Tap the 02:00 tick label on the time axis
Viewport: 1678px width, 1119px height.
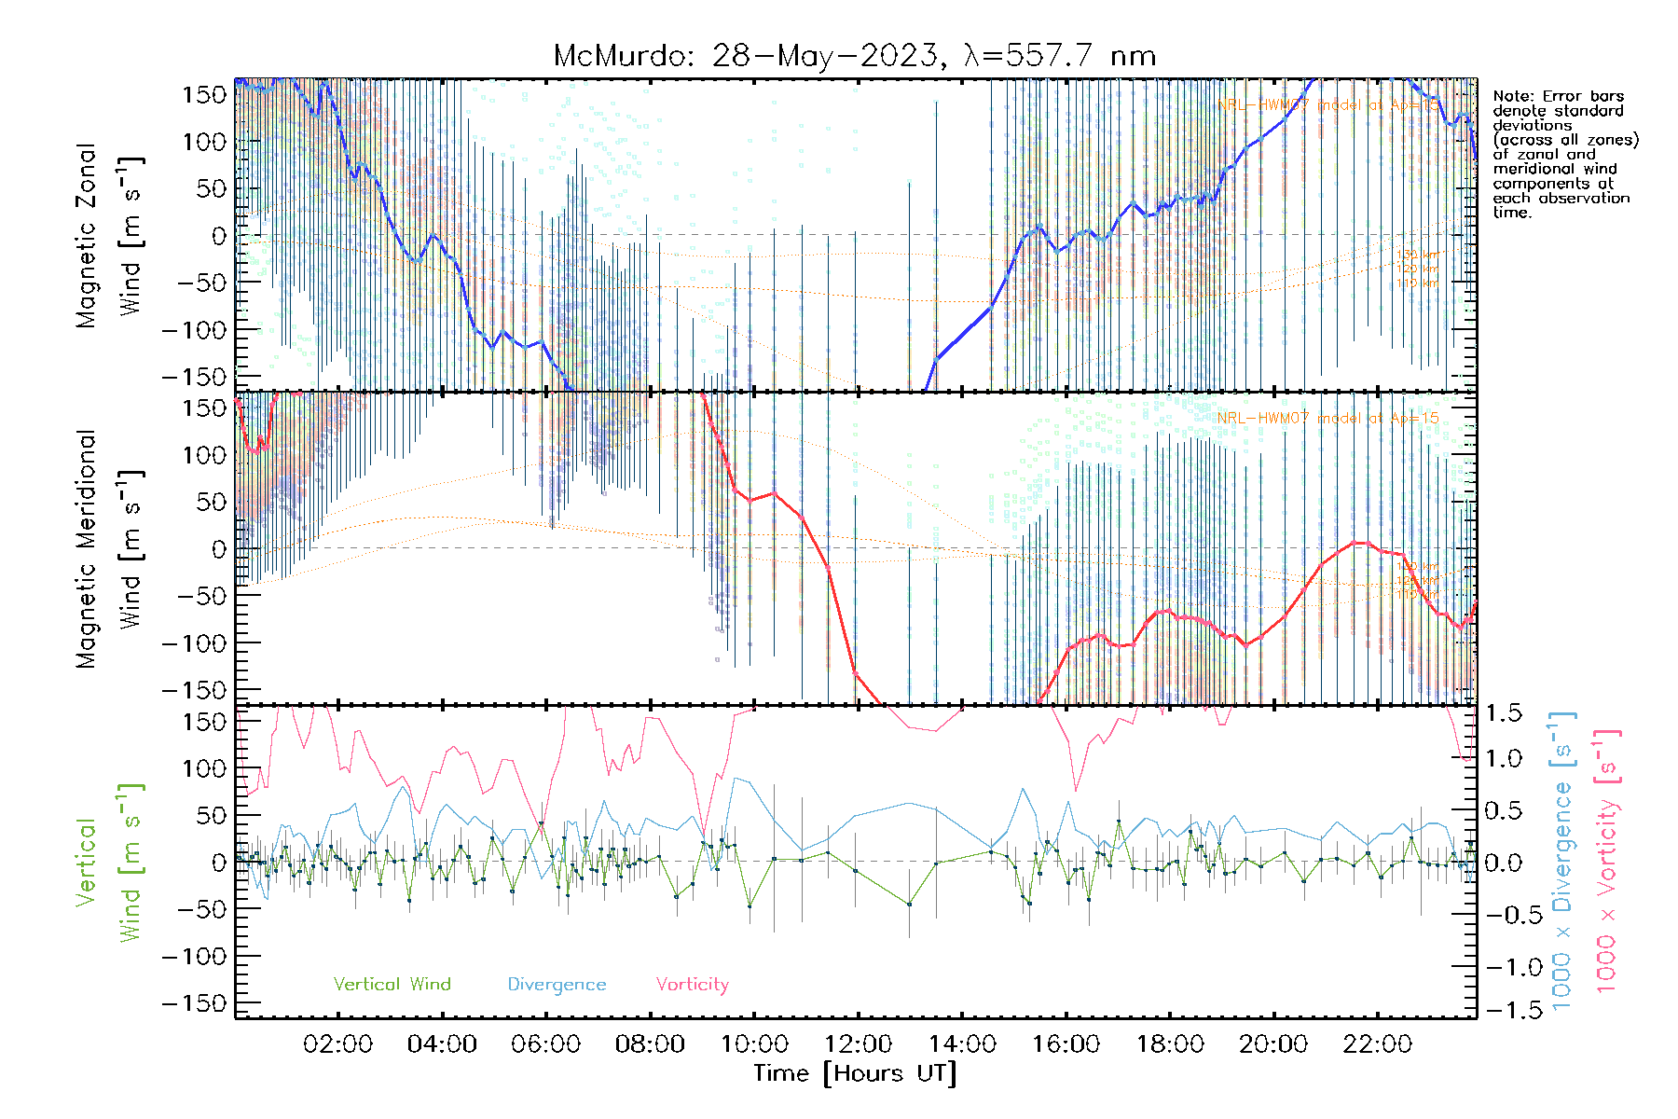tap(338, 1044)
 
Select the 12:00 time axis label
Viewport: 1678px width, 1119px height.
tap(858, 1044)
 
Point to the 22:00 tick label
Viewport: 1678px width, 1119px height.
tap(1377, 1044)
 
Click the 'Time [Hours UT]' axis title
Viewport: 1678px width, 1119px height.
tap(855, 1074)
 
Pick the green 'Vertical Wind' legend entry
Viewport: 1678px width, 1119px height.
tap(392, 985)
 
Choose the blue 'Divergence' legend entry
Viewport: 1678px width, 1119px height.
tap(557, 985)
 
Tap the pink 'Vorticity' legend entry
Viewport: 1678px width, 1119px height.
tap(692, 985)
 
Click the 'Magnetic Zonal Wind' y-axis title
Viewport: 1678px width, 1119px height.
tap(109, 236)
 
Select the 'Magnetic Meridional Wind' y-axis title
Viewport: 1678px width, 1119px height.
tap(109, 549)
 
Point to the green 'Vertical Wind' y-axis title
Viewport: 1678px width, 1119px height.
tap(109, 863)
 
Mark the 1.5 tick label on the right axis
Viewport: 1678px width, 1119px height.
tap(1504, 713)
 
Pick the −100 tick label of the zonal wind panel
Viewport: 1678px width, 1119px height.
tap(194, 330)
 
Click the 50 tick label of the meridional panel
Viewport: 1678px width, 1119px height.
tap(207, 502)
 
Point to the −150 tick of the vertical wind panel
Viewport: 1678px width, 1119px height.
tap(194, 1004)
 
